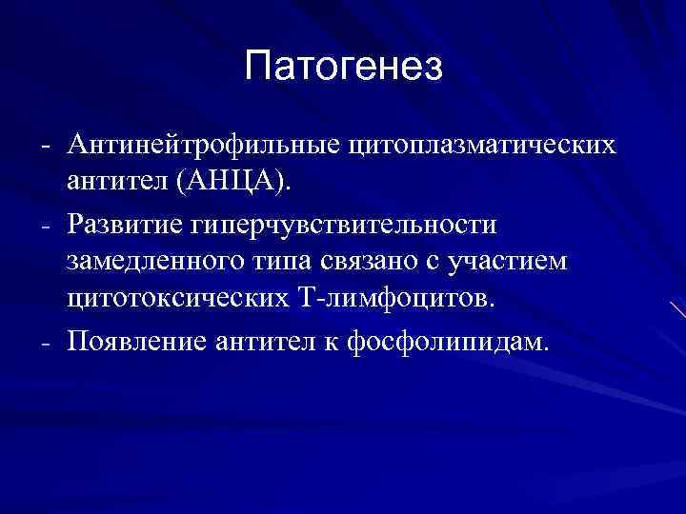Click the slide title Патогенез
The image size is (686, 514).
343,67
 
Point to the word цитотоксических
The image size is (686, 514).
172,297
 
